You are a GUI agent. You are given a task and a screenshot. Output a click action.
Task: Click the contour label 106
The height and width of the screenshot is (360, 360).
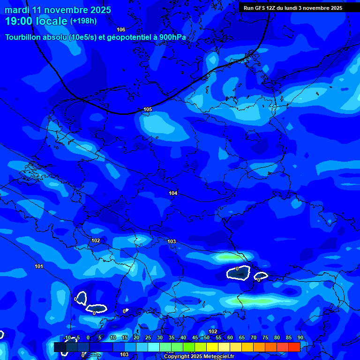(121, 30)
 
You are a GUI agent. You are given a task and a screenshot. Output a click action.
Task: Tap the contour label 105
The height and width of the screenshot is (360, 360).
(148, 109)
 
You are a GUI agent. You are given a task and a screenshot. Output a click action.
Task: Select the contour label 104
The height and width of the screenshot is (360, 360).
(173, 193)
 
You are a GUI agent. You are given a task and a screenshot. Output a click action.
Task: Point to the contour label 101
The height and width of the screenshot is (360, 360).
(39, 266)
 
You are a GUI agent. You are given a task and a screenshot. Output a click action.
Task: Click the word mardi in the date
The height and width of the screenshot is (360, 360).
(17, 10)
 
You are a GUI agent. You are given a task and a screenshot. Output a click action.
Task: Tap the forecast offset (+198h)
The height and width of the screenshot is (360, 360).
(83, 22)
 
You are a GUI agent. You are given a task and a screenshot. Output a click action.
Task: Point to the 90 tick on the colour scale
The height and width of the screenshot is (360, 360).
(300, 338)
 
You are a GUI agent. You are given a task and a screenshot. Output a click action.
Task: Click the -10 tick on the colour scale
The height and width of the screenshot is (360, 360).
(66, 338)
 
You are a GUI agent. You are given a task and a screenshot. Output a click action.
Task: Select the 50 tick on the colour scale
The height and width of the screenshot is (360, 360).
(206, 338)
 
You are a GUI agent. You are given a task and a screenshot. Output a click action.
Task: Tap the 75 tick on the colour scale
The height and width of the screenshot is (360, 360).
(265, 338)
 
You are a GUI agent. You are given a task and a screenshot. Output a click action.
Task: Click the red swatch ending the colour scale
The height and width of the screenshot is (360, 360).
(294, 347)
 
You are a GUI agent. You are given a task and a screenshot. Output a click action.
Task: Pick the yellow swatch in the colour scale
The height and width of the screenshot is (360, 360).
(212, 347)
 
